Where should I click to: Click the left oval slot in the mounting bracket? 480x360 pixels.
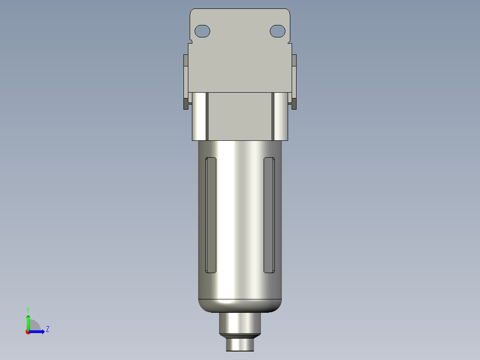pos(203,31)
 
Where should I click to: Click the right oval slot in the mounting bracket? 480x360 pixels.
pos(277,31)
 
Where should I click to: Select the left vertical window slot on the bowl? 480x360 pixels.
pos(210,215)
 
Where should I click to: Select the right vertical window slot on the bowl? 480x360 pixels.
pos(269,215)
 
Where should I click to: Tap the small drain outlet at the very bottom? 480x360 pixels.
pos(240,344)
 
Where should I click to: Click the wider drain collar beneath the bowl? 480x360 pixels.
pos(240,323)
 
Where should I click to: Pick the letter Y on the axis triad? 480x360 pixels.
pos(28,309)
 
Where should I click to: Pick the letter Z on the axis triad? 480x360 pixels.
pos(47,329)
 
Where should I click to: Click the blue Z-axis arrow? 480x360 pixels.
pos(38,331)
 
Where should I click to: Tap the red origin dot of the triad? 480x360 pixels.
pos(28,332)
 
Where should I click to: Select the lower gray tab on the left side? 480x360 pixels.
pos(185,104)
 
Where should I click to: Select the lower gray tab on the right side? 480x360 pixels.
pos(294,104)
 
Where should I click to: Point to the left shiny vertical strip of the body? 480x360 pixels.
pos(199,116)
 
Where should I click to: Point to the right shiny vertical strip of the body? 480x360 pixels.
pos(281,116)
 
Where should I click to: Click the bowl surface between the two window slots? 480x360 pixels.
pos(240,214)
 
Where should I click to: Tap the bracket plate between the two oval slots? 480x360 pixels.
pos(240,31)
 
